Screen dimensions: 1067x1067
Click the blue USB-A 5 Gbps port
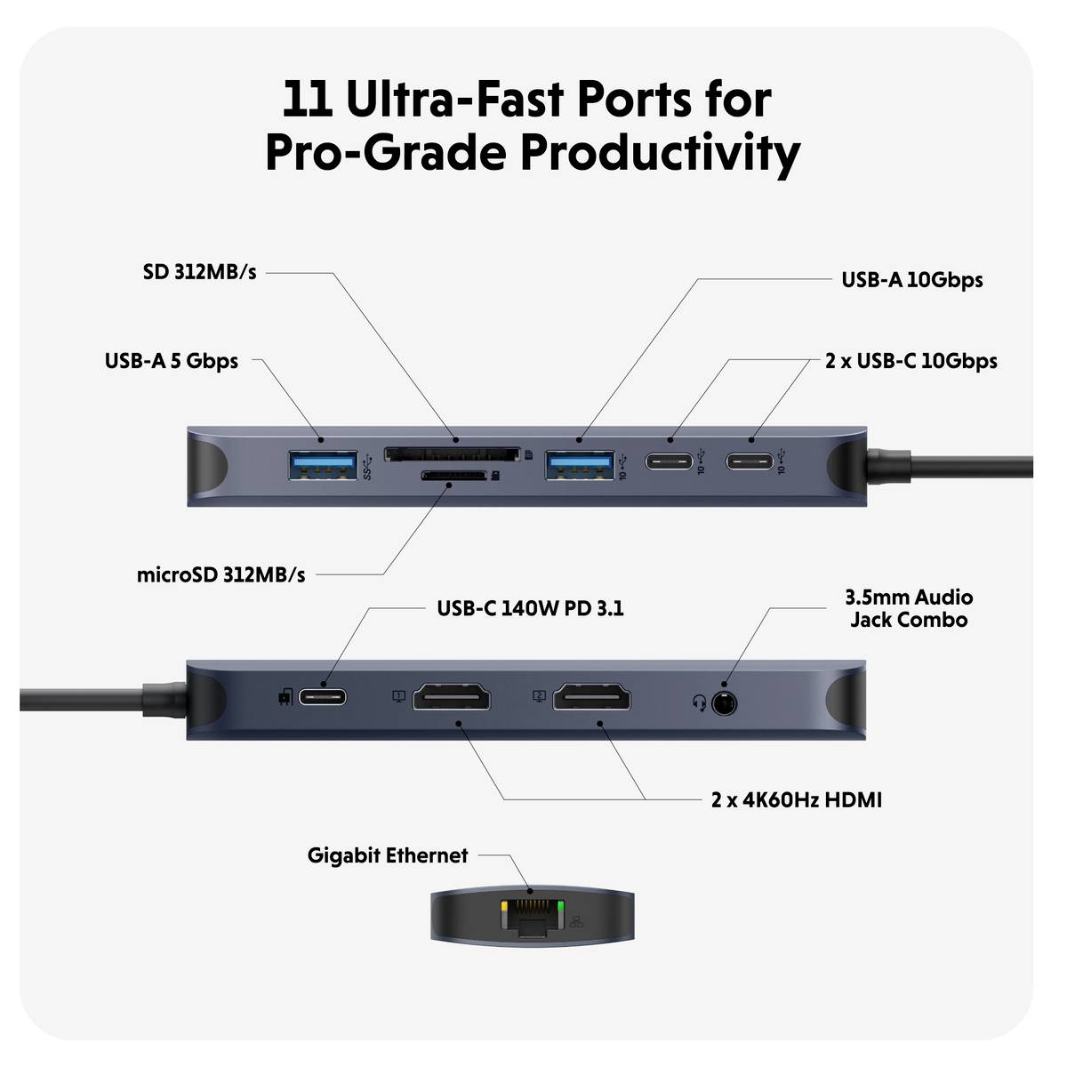tap(323, 465)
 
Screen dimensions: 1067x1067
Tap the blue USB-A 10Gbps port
tap(580, 465)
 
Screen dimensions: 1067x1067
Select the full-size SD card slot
tap(452, 454)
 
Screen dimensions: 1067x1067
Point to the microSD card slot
tap(453, 476)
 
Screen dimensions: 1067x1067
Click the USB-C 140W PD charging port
tap(322, 696)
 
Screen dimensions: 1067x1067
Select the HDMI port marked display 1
tap(453, 698)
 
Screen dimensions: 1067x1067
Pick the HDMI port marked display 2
tap(592, 698)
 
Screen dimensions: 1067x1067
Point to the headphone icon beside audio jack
tap(700, 703)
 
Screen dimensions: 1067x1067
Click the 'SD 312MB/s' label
tap(199, 272)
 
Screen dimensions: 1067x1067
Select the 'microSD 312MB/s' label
tap(221, 575)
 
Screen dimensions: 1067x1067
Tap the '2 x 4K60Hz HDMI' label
tap(796, 800)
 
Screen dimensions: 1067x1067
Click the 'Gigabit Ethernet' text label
tap(387, 855)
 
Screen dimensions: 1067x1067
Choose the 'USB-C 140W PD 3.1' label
tap(530, 609)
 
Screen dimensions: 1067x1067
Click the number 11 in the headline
tap(307, 100)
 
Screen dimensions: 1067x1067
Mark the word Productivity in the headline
tap(660, 153)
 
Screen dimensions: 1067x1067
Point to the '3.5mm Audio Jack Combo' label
tap(908, 608)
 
